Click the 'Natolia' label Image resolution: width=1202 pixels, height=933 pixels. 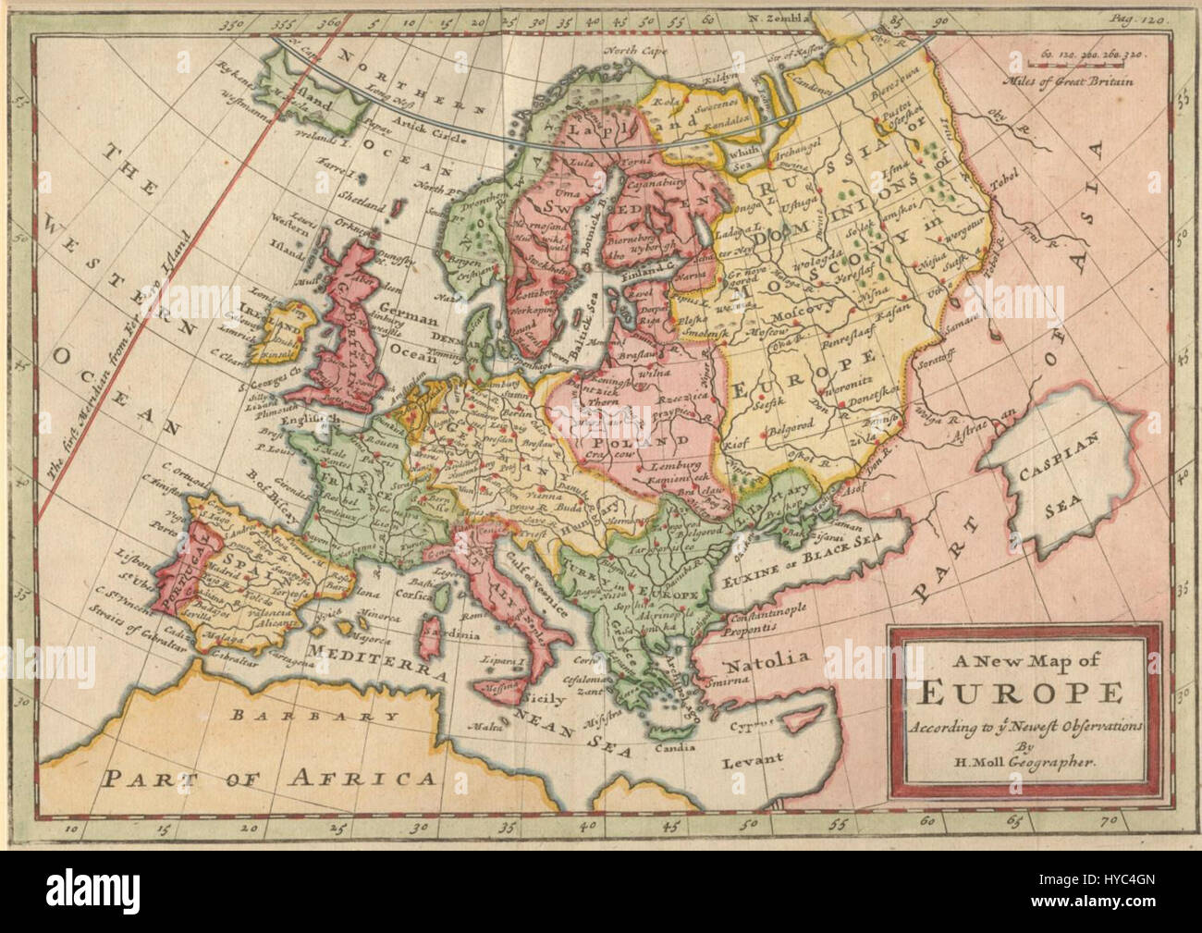(767, 661)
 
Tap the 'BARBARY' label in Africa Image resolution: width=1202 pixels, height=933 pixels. (268, 716)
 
